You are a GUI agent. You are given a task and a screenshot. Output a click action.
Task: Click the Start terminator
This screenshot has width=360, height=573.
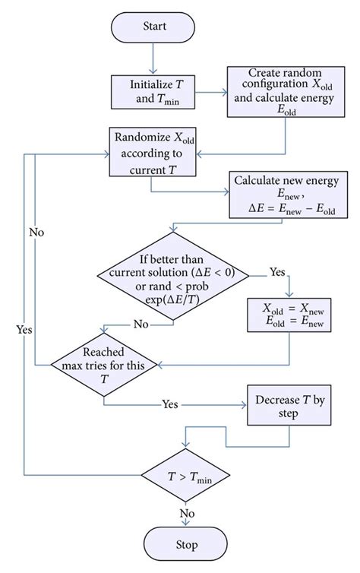(x=153, y=27)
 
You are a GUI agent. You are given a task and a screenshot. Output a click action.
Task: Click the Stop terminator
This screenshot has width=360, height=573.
(x=186, y=544)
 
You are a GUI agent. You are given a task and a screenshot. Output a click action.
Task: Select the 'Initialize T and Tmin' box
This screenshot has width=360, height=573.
(x=153, y=92)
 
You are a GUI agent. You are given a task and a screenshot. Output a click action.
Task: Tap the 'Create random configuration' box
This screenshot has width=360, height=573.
(x=286, y=92)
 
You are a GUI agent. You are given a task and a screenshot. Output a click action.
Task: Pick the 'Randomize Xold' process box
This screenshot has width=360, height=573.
(x=153, y=152)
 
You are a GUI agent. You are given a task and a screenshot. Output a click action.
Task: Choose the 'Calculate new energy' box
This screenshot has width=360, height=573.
(x=289, y=195)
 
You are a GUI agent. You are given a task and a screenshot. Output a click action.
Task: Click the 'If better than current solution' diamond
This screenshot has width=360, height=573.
(x=173, y=276)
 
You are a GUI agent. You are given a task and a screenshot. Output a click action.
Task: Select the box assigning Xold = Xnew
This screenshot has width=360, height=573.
(x=289, y=315)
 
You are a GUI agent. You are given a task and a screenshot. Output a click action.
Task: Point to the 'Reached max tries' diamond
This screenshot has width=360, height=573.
(x=104, y=365)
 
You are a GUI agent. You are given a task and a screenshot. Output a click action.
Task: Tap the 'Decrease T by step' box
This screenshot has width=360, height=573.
(x=289, y=405)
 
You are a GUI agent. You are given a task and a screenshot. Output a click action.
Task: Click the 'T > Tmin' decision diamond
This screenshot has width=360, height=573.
(x=186, y=476)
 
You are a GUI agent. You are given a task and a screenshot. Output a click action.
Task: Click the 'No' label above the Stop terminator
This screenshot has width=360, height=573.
(x=187, y=513)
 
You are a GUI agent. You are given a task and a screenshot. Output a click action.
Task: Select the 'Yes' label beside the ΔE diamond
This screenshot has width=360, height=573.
(x=277, y=271)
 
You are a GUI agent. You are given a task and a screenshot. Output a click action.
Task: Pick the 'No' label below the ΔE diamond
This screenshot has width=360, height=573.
(x=141, y=324)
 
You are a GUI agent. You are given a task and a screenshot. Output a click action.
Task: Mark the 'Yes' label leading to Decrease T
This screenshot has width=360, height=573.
(x=170, y=404)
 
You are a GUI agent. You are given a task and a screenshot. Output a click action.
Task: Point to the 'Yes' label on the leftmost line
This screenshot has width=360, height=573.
(x=24, y=330)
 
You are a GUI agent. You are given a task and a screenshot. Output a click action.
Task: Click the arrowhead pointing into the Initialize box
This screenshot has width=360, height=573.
(x=153, y=71)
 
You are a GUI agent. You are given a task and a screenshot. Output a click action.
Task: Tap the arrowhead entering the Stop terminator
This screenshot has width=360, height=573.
(x=186, y=524)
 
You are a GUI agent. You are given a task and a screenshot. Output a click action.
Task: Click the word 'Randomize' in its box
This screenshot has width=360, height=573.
(x=143, y=137)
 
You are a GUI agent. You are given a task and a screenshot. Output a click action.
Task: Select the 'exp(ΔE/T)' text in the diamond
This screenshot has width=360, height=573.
(x=173, y=300)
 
